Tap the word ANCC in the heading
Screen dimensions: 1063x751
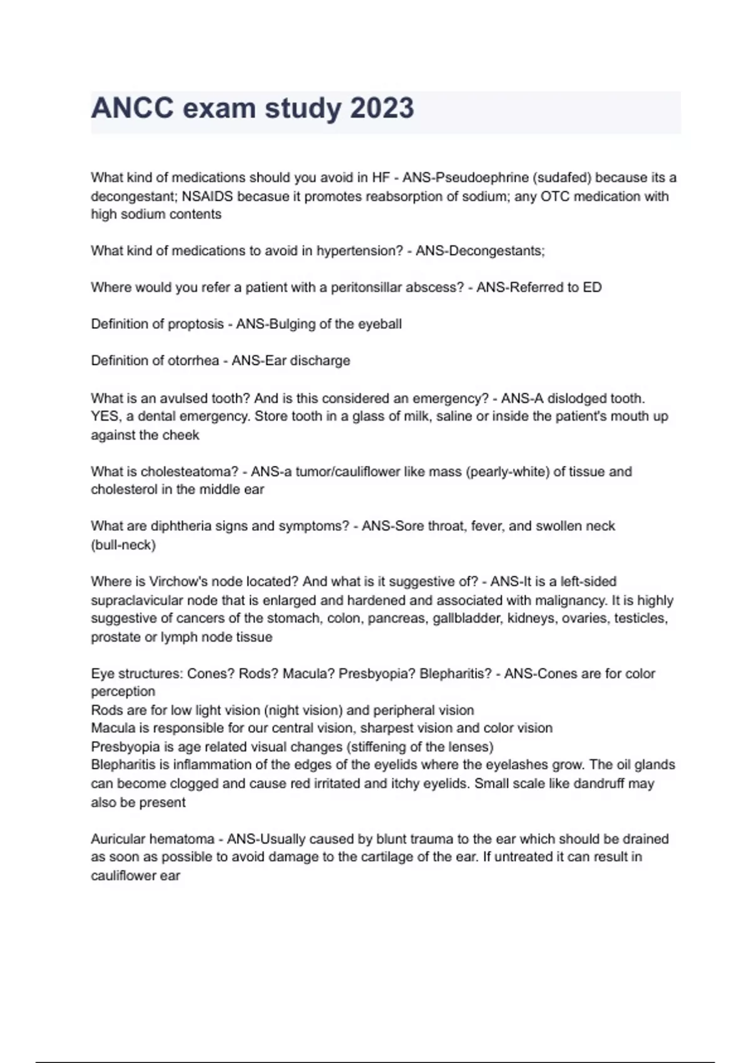(132, 109)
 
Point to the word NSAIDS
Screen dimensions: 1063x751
(207, 196)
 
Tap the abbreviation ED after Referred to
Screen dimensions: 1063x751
(592, 288)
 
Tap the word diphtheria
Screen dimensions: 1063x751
(180, 526)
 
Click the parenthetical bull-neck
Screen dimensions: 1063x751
(123, 545)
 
